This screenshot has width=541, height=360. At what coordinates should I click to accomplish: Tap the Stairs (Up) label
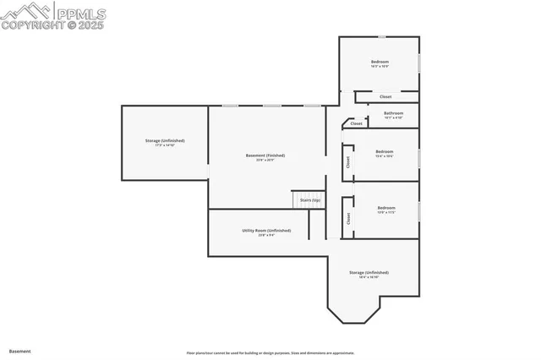(309, 200)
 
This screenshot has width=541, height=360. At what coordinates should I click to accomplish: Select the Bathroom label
(393, 113)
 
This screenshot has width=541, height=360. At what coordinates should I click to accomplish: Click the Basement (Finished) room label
(265, 155)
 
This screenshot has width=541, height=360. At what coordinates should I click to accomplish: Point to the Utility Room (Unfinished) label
(266, 230)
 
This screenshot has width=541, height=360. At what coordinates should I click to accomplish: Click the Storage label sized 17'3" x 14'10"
(165, 140)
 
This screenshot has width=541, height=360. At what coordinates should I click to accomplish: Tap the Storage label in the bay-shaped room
(369, 272)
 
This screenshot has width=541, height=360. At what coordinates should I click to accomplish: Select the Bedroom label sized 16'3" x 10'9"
(380, 62)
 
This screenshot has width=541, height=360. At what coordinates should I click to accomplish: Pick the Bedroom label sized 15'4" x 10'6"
(385, 151)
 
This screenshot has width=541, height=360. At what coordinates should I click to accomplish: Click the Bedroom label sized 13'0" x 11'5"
(386, 208)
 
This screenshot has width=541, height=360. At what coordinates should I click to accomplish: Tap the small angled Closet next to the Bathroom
(356, 123)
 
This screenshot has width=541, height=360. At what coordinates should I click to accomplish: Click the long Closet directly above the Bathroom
(385, 96)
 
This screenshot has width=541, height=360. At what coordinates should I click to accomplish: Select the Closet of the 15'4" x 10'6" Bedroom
(347, 161)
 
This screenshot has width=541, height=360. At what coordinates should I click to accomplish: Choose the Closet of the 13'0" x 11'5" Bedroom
(347, 218)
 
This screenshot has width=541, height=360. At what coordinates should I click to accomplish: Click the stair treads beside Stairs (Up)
(298, 200)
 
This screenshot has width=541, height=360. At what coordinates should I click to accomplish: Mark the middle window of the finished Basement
(271, 106)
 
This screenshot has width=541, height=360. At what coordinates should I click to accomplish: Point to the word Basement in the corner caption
(19, 350)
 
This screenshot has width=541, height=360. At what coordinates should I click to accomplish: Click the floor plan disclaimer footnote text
(270, 352)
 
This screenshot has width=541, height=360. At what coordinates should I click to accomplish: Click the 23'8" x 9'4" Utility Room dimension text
(266, 235)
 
